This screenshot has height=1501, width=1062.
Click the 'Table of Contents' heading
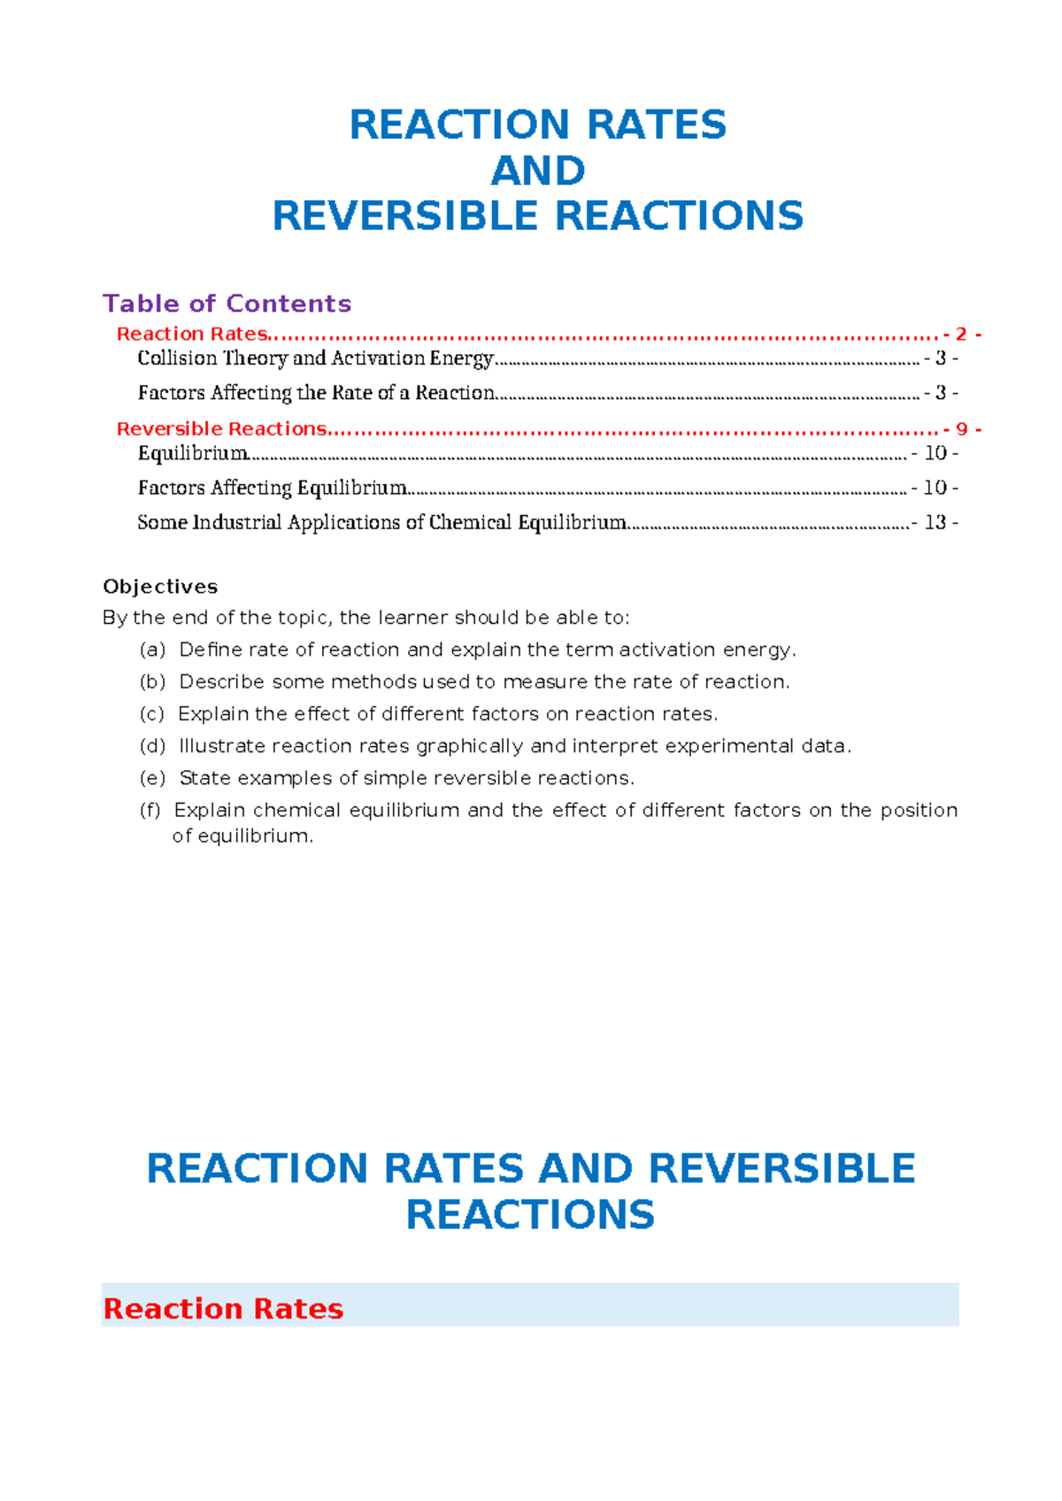(x=227, y=304)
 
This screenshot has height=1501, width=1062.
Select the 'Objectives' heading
(x=160, y=587)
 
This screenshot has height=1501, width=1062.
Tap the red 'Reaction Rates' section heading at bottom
(x=223, y=1308)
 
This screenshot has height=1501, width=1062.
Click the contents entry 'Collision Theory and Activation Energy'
(x=315, y=358)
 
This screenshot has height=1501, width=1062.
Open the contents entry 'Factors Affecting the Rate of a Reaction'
(x=316, y=393)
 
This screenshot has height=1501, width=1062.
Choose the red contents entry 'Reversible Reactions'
(x=222, y=429)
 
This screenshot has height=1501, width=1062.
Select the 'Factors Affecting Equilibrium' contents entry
(x=272, y=488)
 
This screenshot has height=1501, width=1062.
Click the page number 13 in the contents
(x=935, y=522)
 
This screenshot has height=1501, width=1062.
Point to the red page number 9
(x=961, y=429)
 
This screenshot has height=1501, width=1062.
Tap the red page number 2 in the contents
(x=961, y=335)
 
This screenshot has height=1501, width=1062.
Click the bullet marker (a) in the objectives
(x=152, y=650)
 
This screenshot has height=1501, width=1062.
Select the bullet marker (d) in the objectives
(x=152, y=746)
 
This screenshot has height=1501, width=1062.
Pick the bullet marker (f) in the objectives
(x=150, y=810)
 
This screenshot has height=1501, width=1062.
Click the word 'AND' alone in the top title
(x=538, y=171)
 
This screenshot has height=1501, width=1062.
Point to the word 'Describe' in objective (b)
(x=221, y=681)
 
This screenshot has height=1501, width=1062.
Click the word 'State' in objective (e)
(x=204, y=778)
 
